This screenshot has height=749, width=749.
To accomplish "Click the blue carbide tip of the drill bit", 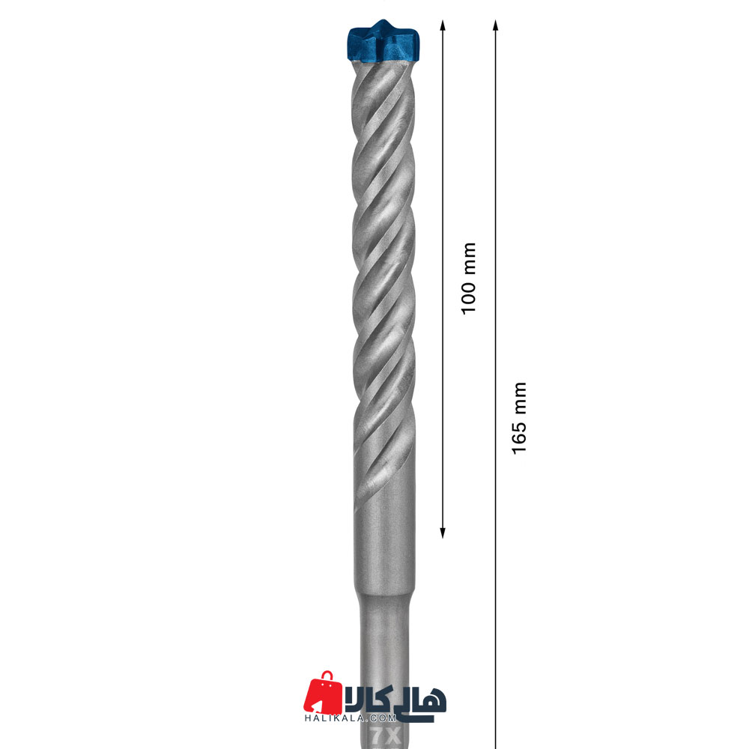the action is [x=383, y=42].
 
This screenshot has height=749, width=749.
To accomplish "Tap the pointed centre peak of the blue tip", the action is [x=383, y=21].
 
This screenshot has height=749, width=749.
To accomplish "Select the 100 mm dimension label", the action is [x=469, y=278].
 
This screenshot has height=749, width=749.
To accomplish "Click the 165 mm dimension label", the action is [x=519, y=418].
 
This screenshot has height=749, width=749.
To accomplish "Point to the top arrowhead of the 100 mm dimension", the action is [x=443, y=25].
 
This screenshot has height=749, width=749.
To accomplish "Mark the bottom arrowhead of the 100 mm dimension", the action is [x=443, y=533].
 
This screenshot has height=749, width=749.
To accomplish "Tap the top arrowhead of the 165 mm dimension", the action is [x=495, y=25].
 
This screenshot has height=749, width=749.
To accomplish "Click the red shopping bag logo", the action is [x=323, y=693].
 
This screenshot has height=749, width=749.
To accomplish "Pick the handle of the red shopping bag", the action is [x=327, y=676].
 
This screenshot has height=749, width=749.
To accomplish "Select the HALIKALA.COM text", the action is [x=351, y=718].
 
